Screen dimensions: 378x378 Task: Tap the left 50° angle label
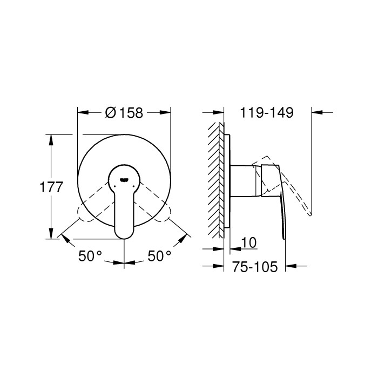point(90,256)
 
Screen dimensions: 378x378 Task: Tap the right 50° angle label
point(160,256)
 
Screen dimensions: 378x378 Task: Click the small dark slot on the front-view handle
point(124,181)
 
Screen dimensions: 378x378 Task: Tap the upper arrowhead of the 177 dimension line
point(51,139)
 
